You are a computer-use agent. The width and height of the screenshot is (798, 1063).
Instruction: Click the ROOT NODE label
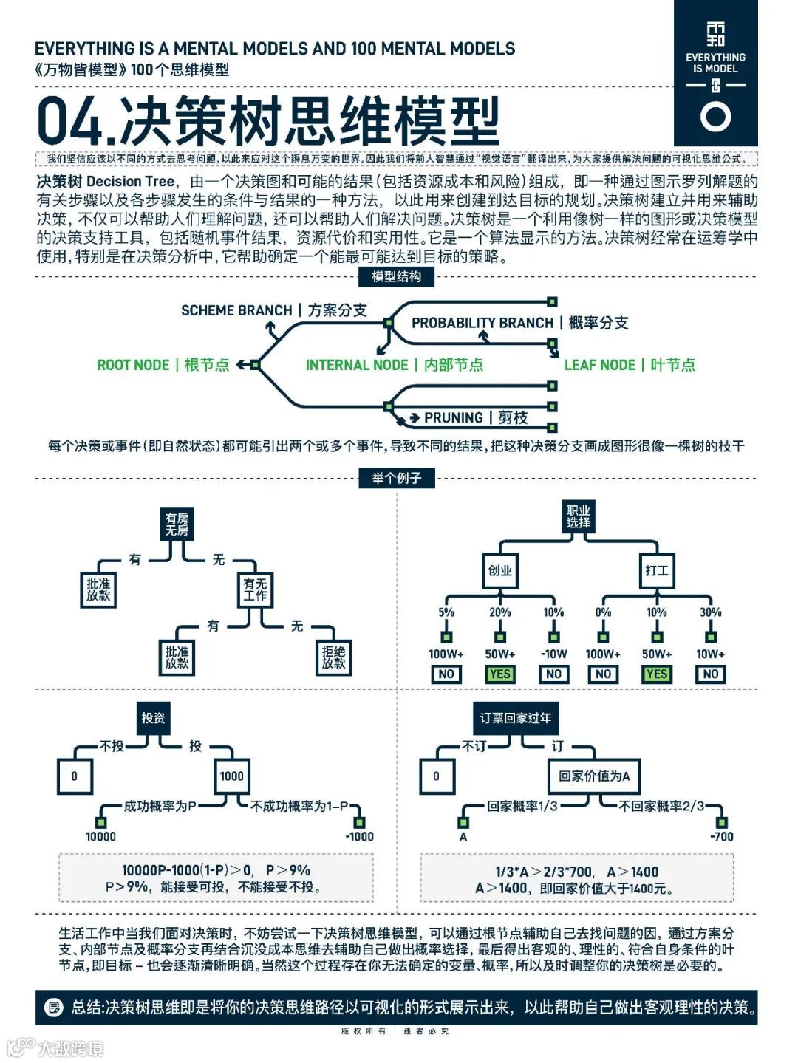(x=163, y=365)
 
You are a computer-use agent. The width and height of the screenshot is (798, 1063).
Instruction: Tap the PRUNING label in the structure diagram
(x=475, y=418)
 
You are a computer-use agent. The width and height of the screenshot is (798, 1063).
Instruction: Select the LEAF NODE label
(x=630, y=365)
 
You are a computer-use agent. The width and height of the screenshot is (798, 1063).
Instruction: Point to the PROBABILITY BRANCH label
(x=519, y=323)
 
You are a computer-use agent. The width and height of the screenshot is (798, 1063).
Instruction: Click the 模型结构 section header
(x=397, y=277)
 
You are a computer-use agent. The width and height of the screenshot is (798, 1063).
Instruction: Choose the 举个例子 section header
(x=397, y=478)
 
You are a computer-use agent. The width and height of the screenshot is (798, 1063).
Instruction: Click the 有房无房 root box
(x=177, y=524)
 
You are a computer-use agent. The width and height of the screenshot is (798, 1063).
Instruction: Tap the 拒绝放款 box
(x=333, y=657)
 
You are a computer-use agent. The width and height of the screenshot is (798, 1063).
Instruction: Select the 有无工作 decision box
(x=255, y=589)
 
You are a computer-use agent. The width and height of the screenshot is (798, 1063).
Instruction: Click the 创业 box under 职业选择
(x=500, y=570)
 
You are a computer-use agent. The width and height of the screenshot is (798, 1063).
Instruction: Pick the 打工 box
(x=656, y=570)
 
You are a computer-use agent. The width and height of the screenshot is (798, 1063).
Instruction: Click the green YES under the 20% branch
(x=500, y=674)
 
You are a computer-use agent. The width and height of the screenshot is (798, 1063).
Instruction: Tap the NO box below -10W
(x=553, y=674)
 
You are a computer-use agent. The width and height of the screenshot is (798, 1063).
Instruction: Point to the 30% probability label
(x=710, y=612)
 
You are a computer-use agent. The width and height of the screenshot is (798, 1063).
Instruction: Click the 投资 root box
(x=153, y=717)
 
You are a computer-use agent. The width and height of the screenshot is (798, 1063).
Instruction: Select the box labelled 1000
(x=231, y=776)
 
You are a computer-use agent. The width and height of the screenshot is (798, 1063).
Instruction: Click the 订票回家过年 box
(x=515, y=717)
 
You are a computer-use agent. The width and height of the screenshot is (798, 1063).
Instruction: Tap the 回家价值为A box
(x=594, y=776)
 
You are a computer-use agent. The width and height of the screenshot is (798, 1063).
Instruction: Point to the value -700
(x=721, y=836)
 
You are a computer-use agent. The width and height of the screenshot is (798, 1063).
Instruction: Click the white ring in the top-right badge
(x=715, y=117)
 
